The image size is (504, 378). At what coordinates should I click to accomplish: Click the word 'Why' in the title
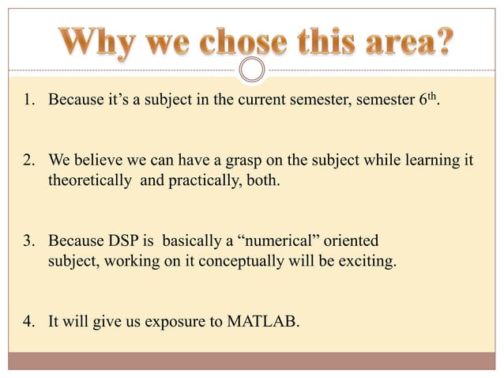(88, 40)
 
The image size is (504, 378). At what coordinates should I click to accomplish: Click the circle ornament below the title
(252, 70)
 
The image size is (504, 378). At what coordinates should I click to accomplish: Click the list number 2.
(26, 161)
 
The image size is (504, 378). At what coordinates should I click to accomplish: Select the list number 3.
(26, 240)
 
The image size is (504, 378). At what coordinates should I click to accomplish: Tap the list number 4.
(26, 321)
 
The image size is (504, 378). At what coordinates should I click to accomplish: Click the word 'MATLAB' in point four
(265, 321)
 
